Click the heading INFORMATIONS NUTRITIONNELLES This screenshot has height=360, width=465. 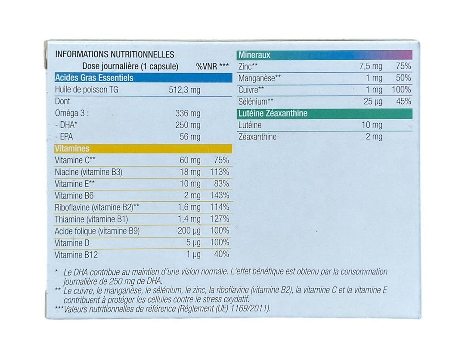tap(115, 55)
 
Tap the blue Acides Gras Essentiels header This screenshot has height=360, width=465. tap(143, 77)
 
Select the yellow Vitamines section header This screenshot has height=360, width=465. tap(143, 148)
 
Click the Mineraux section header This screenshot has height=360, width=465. tap(325, 55)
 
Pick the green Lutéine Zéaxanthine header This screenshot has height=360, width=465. tap(325, 114)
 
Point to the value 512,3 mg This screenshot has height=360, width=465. tap(184, 90)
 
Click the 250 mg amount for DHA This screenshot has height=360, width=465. tap(188, 125)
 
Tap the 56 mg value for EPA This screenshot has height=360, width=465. tap(190, 137)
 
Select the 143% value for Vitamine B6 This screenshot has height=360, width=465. tap(220, 196)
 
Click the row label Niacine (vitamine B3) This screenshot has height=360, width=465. tap(88, 172)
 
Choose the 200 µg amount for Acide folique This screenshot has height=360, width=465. tap(189, 231)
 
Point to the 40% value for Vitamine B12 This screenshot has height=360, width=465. tap(222, 254)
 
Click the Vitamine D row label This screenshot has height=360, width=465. tap(72, 243)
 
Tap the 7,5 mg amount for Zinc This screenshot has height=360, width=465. tap(371, 66)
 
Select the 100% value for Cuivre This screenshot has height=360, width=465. tap(401, 90)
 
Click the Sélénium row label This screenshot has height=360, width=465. tap(256, 102)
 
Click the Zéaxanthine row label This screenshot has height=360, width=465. tap(257, 137)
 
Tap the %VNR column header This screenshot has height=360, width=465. tap(212, 66)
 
